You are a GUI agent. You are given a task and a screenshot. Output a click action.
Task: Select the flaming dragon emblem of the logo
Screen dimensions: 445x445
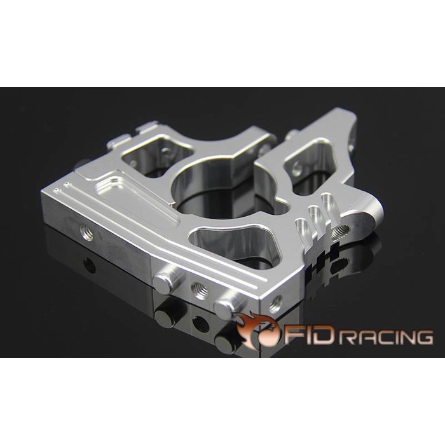click(x=259, y=331)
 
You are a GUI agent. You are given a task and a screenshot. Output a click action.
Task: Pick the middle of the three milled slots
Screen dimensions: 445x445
click(x=313, y=216)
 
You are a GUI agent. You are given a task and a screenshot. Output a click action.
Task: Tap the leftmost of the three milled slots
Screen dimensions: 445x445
click(x=299, y=226)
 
